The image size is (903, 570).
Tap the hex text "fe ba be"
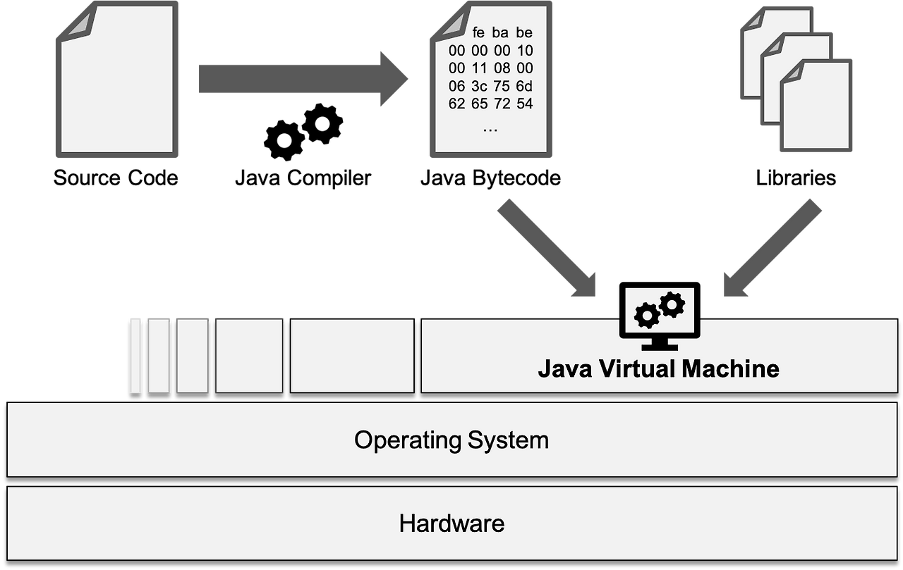tap(503, 33)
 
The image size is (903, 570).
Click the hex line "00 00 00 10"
tap(490, 51)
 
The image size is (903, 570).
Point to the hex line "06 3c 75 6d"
tap(490, 86)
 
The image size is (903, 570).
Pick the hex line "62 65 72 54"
tap(490, 104)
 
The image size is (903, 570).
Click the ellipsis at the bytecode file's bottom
tap(490, 129)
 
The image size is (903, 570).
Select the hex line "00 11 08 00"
tap(490, 68)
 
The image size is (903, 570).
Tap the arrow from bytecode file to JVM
tap(547, 247)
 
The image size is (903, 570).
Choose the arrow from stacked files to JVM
tap(772, 247)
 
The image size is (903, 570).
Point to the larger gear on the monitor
tap(671, 304)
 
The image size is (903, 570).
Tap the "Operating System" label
tap(451, 440)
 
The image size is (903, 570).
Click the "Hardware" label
tap(451, 523)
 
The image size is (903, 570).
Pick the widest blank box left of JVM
tap(352, 356)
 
